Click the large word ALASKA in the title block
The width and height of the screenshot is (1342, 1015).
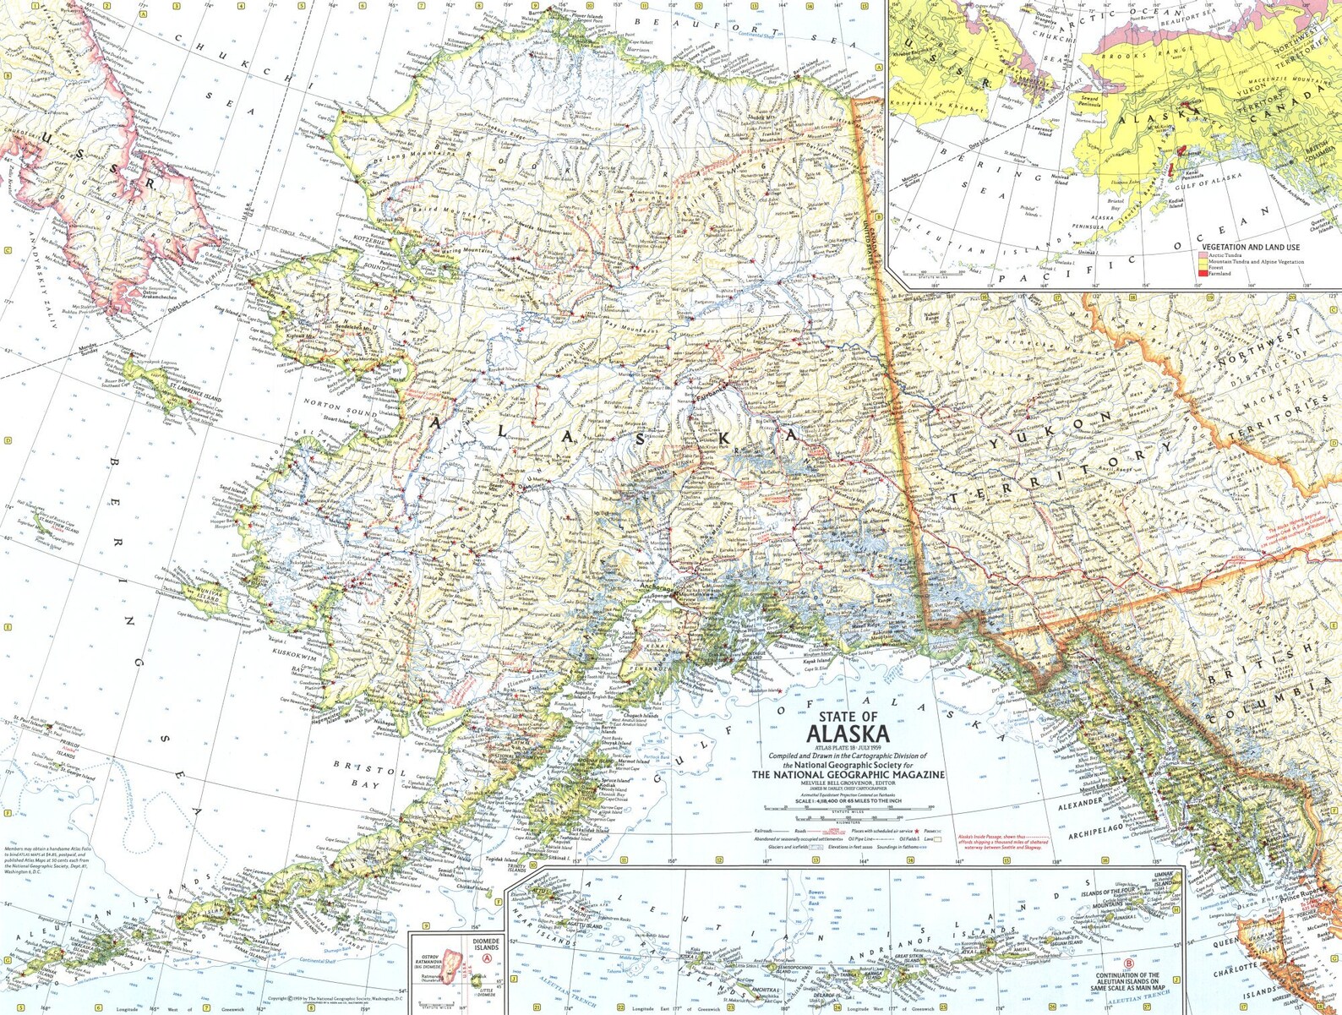(848, 734)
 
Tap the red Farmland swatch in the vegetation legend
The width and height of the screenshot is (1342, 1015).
(1202, 273)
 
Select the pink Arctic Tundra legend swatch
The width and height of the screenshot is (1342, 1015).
(1202, 254)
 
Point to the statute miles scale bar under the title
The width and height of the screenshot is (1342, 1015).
(849, 815)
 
